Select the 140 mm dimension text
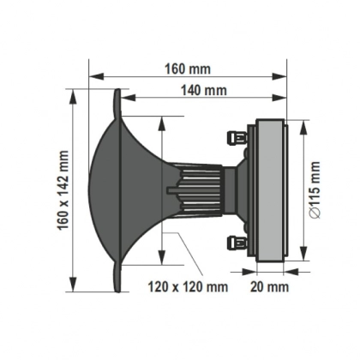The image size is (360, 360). pyautogui.click(x=203, y=89)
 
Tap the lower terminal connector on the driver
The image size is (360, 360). pyautogui.click(x=232, y=242)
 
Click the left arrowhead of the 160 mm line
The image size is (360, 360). pyautogui.click(x=91, y=75)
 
